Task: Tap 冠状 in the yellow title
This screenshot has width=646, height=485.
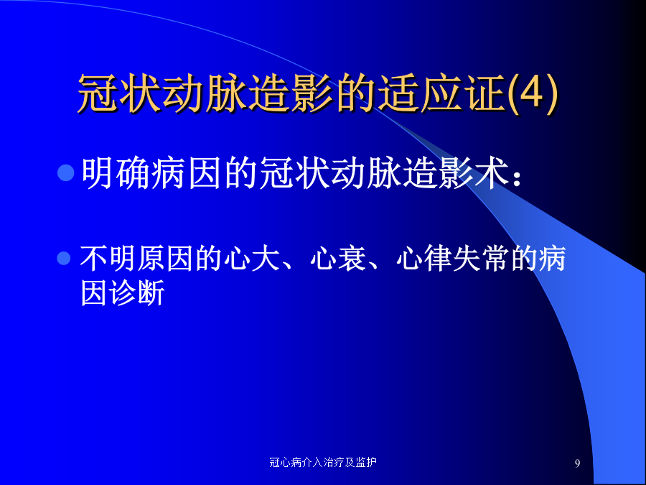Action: [x=119, y=93]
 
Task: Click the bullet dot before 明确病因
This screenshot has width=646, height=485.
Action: [x=65, y=172]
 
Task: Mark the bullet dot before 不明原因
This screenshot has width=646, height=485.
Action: [x=63, y=258]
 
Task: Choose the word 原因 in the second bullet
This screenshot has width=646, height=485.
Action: [x=165, y=259]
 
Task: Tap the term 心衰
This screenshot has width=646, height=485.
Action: [x=338, y=259]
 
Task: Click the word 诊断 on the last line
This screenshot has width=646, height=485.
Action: [x=136, y=292]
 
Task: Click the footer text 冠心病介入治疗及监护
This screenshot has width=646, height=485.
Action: [x=322, y=462]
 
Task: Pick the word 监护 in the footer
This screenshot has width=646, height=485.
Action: [x=366, y=462]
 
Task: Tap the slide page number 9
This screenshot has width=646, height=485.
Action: [x=577, y=463]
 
